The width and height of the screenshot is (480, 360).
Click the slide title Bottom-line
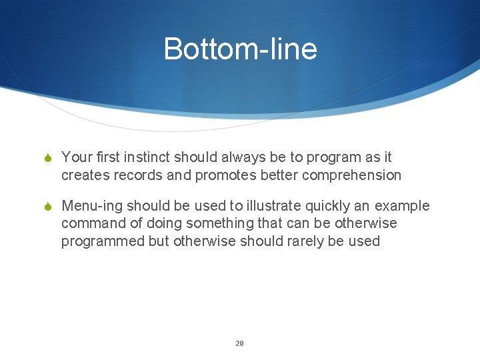[240, 49]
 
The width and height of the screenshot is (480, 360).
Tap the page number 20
[239, 343]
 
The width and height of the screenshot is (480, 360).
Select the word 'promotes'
[225, 175]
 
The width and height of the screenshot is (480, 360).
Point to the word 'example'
[402, 206]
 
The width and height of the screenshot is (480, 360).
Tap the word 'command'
[90, 223]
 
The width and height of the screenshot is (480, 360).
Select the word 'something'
[215, 223]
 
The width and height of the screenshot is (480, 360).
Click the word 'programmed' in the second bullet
[103, 241]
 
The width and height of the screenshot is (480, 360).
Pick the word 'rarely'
[303, 241]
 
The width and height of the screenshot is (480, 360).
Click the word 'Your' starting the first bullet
[75, 157]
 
